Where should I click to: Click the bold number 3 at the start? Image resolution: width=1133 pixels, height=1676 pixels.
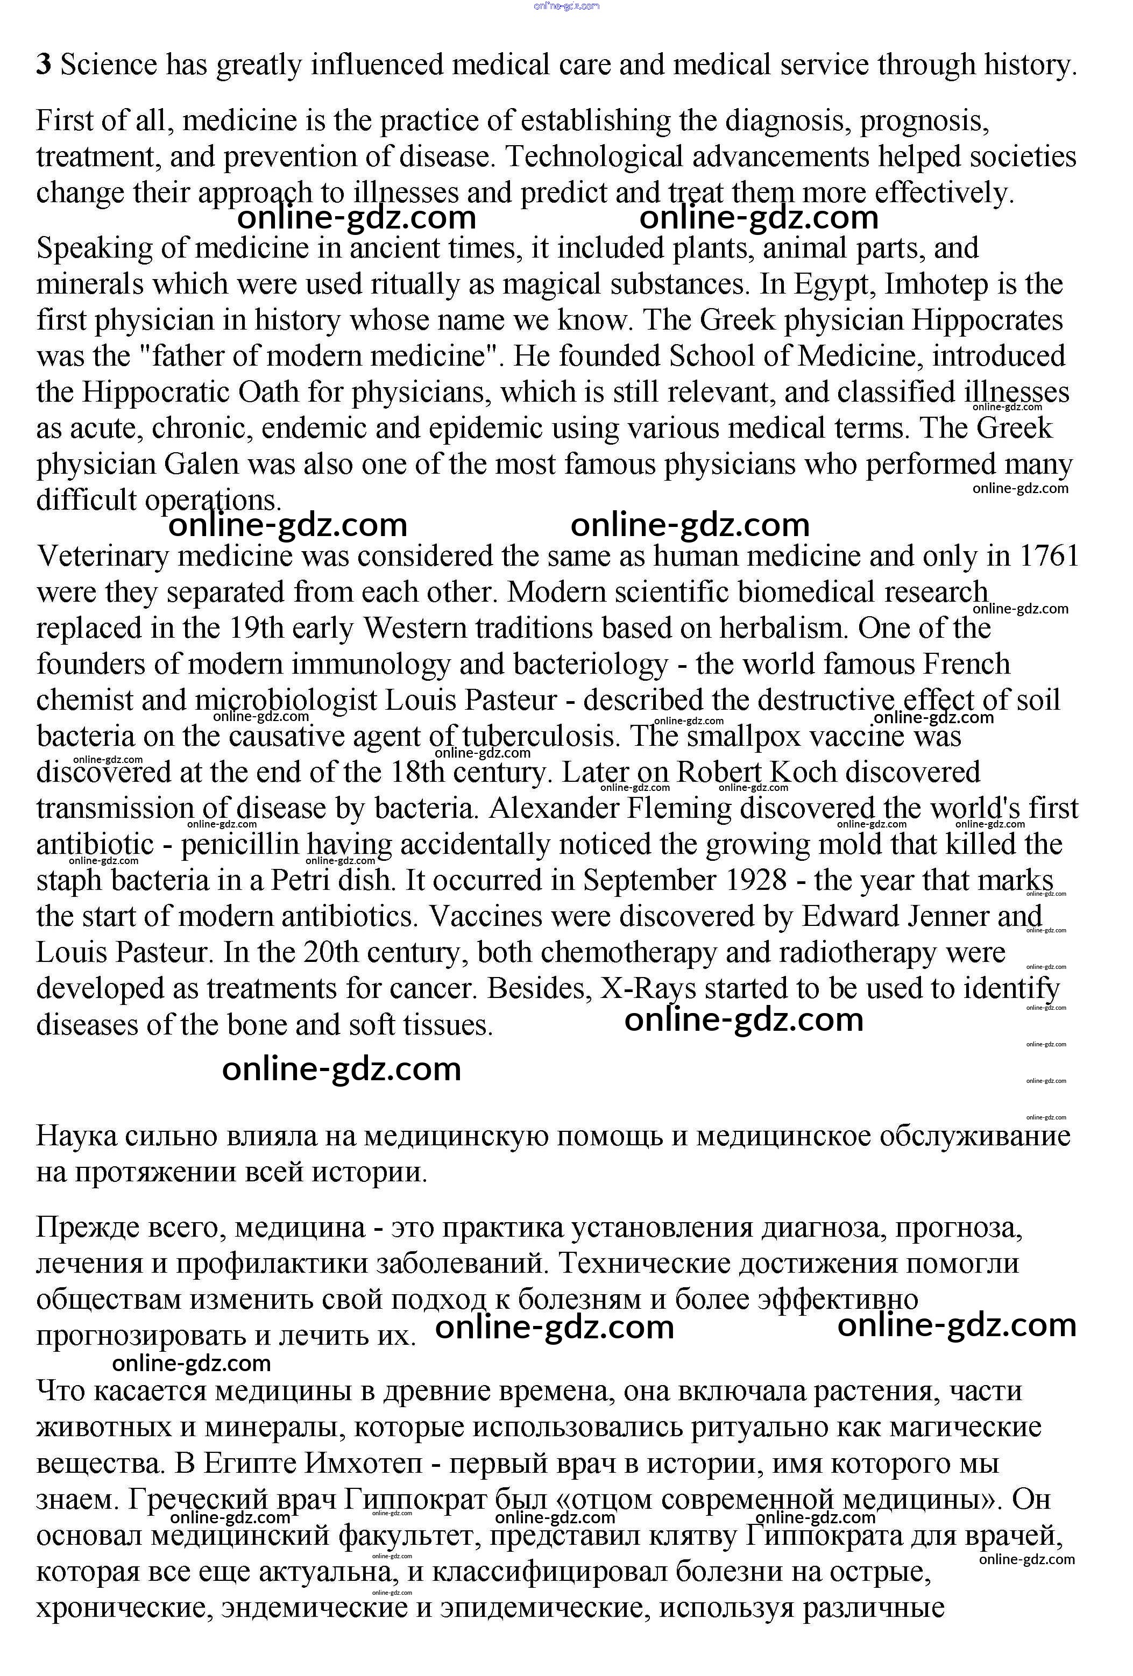pyautogui.click(x=44, y=66)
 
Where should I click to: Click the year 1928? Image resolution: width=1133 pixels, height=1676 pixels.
pyautogui.click(x=757, y=881)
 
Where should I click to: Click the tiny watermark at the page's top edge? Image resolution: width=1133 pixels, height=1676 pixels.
pyautogui.click(x=566, y=6)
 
